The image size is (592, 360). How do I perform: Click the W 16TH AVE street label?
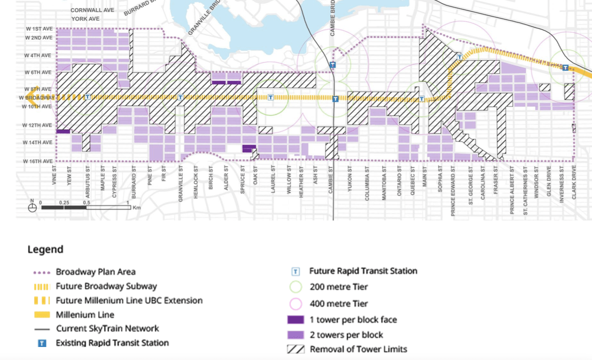click(x=37, y=161)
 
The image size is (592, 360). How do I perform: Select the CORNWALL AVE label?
click(x=92, y=10)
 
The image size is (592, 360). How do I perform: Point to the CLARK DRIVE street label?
click(x=574, y=182)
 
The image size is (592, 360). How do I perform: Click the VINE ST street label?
click(x=55, y=176)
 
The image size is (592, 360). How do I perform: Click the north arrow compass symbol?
click(x=33, y=206)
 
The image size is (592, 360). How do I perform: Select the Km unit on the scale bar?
click(x=137, y=207)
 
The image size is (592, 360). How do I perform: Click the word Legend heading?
click(x=45, y=249)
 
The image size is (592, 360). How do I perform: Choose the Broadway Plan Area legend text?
click(x=96, y=272)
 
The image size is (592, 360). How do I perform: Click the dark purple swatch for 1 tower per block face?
click(x=295, y=319)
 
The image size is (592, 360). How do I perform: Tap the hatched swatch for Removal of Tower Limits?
click(x=295, y=349)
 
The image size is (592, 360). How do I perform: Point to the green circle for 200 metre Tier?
click(x=296, y=287)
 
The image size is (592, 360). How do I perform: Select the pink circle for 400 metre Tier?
click(x=296, y=303)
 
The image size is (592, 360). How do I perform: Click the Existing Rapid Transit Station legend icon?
click(x=43, y=343)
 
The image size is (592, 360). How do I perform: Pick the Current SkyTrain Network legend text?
click(x=107, y=328)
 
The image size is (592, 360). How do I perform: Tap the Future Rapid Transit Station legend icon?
click(x=296, y=271)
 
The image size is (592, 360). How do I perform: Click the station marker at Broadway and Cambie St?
click(x=336, y=99)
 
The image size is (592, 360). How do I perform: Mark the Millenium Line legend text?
click(x=85, y=315)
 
